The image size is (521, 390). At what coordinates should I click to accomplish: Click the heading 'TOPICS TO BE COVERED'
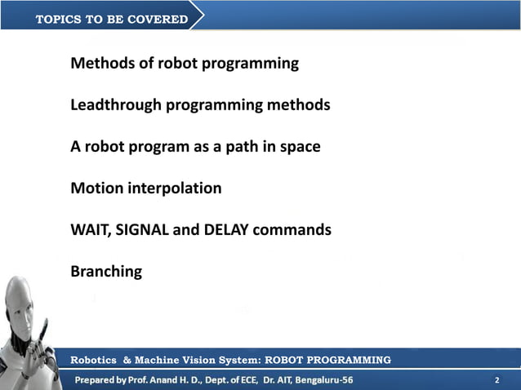[x=111, y=19]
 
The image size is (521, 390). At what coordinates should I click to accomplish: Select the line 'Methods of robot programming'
[x=185, y=63]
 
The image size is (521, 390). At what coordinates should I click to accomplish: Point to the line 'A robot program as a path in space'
[x=195, y=147]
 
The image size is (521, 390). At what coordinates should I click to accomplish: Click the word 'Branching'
[x=106, y=272]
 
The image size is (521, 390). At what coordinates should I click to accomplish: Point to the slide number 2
[x=497, y=381]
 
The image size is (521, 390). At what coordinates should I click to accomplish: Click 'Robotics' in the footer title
[x=95, y=360]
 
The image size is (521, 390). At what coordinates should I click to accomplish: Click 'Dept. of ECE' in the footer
[x=231, y=381]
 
